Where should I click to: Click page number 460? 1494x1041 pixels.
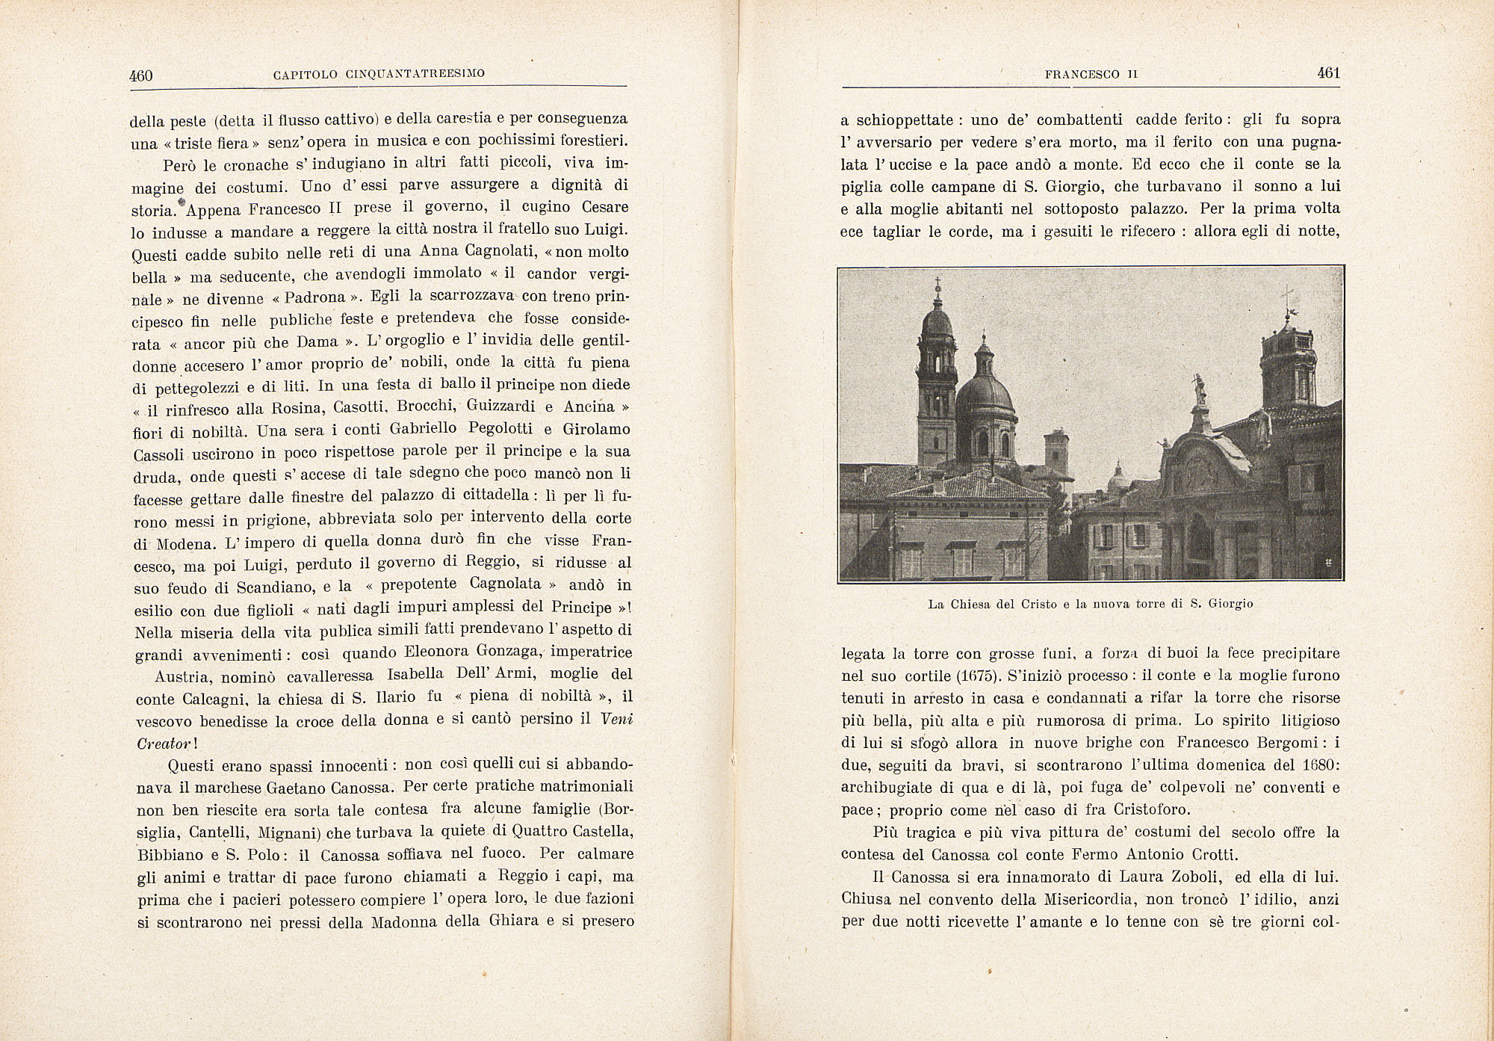[141, 75]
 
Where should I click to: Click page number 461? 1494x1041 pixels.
[1328, 73]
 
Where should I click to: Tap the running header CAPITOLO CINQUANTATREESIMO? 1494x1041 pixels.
[379, 74]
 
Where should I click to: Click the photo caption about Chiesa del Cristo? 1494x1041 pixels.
[1091, 604]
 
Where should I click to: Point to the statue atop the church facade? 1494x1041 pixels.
[1200, 389]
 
